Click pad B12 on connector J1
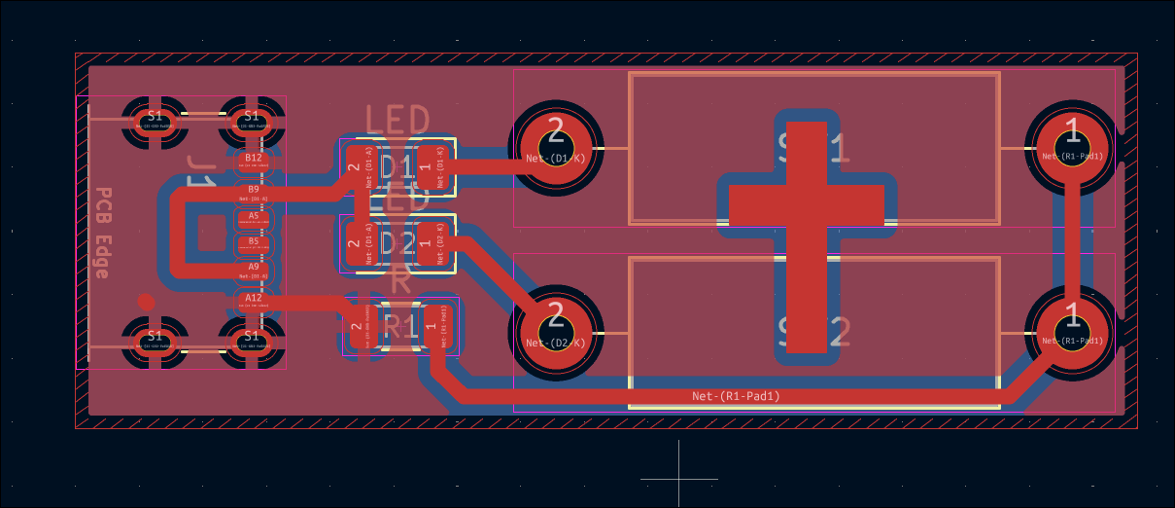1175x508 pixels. pyautogui.click(x=254, y=161)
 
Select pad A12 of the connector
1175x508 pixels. pyautogui.click(x=254, y=301)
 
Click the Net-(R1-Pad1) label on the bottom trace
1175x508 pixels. pyautogui.click(x=736, y=396)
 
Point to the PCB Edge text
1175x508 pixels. pyautogui.click(x=102, y=233)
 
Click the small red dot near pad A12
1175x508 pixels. pyautogui.click(x=146, y=302)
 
